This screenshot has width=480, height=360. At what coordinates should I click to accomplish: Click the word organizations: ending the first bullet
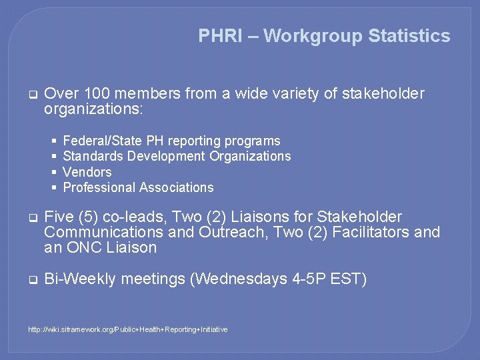93,109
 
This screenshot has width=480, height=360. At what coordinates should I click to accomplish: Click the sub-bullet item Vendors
87,172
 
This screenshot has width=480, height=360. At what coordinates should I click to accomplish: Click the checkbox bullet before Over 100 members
31,95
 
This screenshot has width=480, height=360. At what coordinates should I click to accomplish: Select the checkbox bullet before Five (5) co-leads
31,217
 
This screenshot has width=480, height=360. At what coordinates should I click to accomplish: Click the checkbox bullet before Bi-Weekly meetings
31,279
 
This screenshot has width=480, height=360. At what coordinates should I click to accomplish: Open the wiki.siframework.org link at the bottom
127,329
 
